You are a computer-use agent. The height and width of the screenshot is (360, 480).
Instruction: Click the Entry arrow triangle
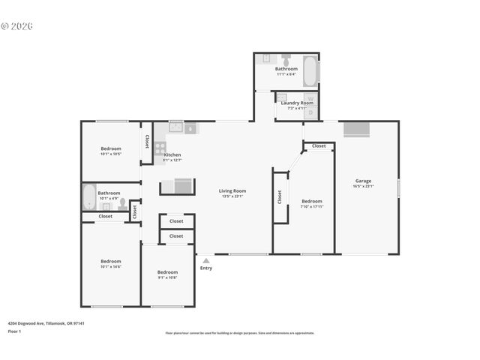[206, 260]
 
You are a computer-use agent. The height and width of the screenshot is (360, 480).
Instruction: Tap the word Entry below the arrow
[206, 268]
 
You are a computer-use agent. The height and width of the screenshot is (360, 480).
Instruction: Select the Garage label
[364, 181]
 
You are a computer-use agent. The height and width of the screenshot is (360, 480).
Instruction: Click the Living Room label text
[232, 190]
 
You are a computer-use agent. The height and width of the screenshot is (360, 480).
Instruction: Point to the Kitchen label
[172, 155]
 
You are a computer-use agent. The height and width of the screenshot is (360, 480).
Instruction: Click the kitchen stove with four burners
[160, 148]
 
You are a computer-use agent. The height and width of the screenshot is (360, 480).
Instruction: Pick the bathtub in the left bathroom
[88, 197]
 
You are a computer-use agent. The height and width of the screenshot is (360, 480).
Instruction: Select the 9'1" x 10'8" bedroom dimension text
[167, 277]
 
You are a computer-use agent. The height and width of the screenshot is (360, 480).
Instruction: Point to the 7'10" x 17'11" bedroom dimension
[312, 206]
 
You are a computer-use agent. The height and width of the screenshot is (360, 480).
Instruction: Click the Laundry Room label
[297, 103]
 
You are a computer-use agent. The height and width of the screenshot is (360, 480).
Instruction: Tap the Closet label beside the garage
[319, 145]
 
